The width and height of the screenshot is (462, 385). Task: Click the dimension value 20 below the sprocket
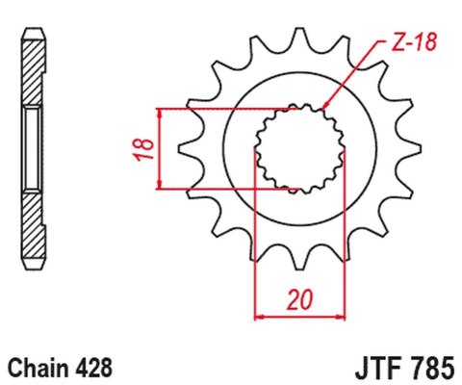[x=298, y=301]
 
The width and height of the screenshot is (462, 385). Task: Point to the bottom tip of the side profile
[x=32, y=267]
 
